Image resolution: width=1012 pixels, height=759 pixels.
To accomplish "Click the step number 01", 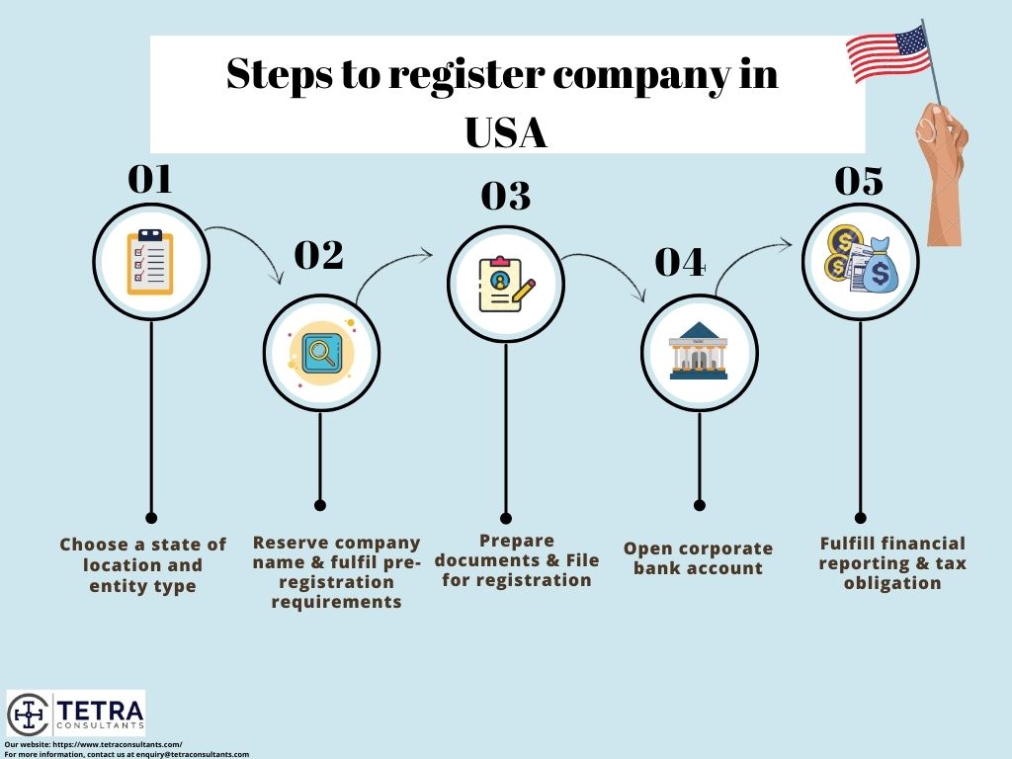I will [x=150, y=179].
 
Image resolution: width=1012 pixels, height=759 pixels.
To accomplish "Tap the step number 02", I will [x=319, y=255].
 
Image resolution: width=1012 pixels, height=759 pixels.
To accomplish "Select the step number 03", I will [x=505, y=197].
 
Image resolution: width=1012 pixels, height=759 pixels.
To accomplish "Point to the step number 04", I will [x=681, y=262].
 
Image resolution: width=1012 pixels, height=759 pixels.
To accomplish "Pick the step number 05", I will [x=859, y=182].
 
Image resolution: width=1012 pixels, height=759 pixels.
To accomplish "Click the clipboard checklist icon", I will [x=150, y=262].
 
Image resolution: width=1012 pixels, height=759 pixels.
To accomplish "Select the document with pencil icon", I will [x=505, y=285].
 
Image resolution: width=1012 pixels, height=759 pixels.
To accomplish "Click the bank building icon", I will [x=699, y=352].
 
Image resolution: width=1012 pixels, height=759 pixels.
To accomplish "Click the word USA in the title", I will [x=506, y=132].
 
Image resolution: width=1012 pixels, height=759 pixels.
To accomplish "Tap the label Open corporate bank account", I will [x=698, y=558].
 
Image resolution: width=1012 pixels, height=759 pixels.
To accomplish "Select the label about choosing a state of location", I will [x=142, y=565].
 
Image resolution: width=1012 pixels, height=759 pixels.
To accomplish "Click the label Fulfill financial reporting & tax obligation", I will [x=892, y=562].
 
